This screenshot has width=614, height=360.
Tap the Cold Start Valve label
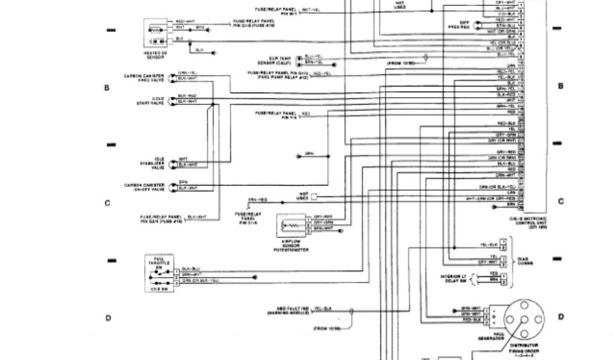(x=151, y=100)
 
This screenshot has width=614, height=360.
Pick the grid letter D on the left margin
(x=108, y=318)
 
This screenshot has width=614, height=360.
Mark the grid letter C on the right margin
(x=561, y=202)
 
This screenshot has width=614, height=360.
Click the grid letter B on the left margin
(x=107, y=88)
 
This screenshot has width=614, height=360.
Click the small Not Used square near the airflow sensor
(x=313, y=196)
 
